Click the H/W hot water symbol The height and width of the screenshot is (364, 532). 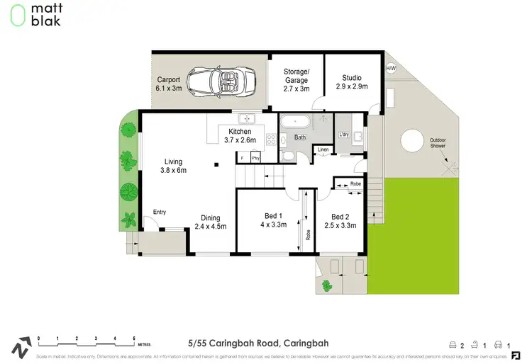tap(391, 69)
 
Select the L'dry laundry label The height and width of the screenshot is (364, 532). tap(345, 135)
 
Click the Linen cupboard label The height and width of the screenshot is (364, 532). tap(323, 149)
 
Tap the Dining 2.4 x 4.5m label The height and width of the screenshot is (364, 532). tap(210, 222)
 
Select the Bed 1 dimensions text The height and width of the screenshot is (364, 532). tap(272, 225)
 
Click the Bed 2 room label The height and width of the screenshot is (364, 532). tap(340, 217)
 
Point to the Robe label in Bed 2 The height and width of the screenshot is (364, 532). tap(355, 183)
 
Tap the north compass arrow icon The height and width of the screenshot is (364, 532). tap(21, 346)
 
